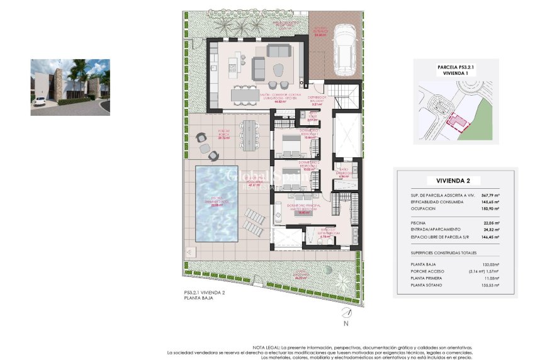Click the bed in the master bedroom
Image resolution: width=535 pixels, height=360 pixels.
(x=290, y=211)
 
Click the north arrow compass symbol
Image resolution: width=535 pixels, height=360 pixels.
(x=345, y=314)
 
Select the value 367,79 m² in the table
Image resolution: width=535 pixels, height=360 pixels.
(x=488, y=196)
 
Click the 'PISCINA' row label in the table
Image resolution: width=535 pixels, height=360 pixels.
(x=419, y=223)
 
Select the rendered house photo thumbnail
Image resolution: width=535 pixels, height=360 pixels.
(x=70, y=87)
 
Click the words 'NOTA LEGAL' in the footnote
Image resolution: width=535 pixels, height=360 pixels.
(x=264, y=347)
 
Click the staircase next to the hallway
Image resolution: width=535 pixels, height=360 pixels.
(x=344, y=98)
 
